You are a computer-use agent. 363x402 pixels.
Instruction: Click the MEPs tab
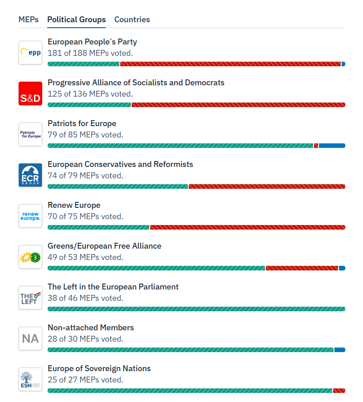29,20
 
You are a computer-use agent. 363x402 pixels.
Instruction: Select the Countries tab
132,20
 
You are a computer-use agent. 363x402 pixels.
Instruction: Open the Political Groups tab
76,20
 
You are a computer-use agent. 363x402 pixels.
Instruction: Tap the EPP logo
30,53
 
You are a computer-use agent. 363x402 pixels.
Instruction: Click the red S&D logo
30,93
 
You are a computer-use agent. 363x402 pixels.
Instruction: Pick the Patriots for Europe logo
30,134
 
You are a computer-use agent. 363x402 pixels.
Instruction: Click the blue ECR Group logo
30,175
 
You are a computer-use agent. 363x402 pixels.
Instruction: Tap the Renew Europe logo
30,216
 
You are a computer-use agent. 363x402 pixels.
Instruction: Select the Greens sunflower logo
30,257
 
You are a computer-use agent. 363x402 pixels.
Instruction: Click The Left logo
30,298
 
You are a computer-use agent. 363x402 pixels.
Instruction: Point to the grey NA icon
30,338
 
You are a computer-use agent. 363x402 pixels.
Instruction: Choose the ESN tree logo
30,379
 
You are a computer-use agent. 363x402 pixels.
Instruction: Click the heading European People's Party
92,42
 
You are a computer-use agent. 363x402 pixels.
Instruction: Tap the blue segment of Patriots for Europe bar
332,146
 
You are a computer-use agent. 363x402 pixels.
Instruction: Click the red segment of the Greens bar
302,268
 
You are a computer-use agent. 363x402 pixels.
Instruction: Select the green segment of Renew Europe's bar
98,227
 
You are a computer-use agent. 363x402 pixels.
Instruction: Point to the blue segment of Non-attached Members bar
340,350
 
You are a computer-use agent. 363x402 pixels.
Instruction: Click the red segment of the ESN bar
339,391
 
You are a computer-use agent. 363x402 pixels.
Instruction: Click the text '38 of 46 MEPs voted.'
85,298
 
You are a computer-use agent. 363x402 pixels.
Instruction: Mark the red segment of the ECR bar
267,186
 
